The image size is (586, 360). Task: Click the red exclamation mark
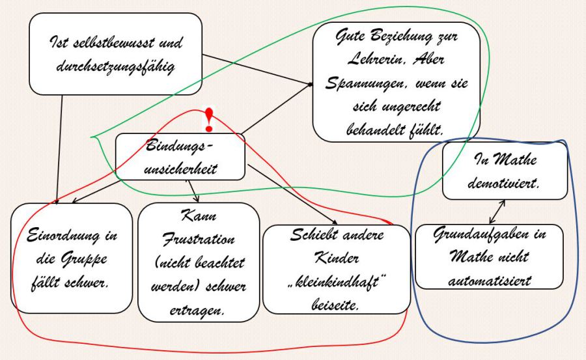208,119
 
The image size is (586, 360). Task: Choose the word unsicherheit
180,168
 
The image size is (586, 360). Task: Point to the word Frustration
199,238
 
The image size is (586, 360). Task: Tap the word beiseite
335,303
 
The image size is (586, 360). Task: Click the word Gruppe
89,260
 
